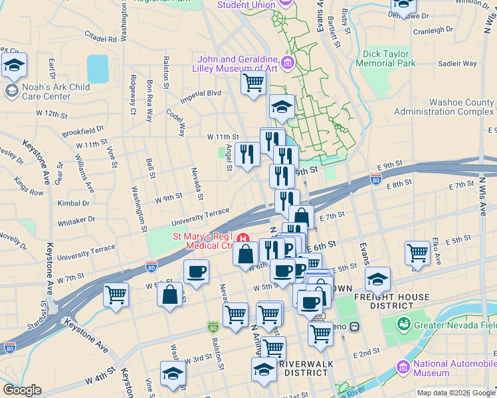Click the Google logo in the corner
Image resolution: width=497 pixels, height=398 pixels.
tap(22, 390)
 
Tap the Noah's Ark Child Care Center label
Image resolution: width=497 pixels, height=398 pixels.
tap(47, 92)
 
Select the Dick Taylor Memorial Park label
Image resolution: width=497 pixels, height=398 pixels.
tap(385, 58)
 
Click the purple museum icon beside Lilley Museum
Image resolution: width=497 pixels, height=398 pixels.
tap(288, 63)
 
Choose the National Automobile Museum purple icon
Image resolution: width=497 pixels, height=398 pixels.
tap(403, 367)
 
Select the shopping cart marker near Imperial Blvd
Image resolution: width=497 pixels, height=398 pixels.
tap(252, 84)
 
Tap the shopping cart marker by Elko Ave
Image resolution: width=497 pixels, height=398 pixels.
tap(417, 253)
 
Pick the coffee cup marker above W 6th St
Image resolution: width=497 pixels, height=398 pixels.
tap(196, 272)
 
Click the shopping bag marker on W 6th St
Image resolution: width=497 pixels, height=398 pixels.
tap(170, 294)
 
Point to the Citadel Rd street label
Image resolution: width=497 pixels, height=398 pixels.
tap(100, 38)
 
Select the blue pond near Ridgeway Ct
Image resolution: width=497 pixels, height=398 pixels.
tap(97, 68)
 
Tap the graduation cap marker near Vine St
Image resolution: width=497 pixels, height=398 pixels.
tap(172, 373)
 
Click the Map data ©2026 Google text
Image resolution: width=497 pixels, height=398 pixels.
tap(456, 392)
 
